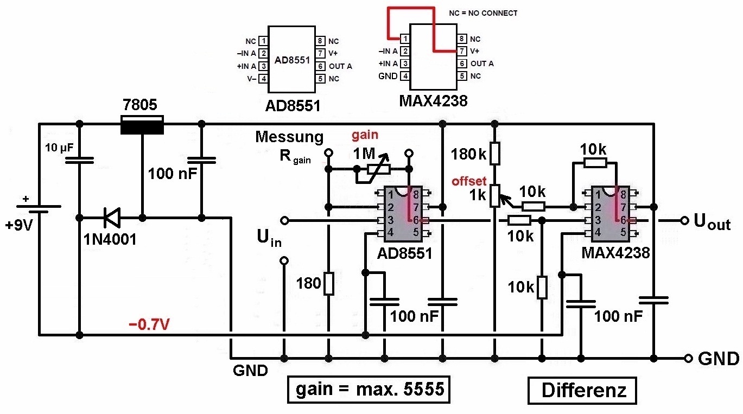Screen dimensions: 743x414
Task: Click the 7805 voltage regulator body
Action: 142,125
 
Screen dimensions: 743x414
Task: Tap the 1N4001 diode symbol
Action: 112,218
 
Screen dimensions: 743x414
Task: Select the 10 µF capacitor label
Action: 59,148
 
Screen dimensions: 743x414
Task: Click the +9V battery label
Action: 19,225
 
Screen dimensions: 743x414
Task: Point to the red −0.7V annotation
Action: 149,324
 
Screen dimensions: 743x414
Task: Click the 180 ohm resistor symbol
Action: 329,283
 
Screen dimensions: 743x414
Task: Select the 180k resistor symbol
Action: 494,153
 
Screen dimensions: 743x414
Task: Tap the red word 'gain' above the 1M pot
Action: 365,135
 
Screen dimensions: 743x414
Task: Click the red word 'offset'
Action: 469,181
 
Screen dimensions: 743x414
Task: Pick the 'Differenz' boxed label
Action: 582,391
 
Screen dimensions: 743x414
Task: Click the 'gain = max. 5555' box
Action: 369,390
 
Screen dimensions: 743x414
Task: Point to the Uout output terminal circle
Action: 684,221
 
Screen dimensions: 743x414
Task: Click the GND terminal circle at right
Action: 688,359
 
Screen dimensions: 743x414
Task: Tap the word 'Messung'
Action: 289,137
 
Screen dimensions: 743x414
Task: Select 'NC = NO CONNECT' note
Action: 483,13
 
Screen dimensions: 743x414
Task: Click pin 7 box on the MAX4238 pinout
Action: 462,51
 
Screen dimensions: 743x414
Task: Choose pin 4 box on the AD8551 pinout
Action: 263,79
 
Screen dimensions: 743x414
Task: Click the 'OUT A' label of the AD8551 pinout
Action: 340,66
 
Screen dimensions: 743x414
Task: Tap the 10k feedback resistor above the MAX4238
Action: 595,163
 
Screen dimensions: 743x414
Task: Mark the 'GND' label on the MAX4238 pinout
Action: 388,77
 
